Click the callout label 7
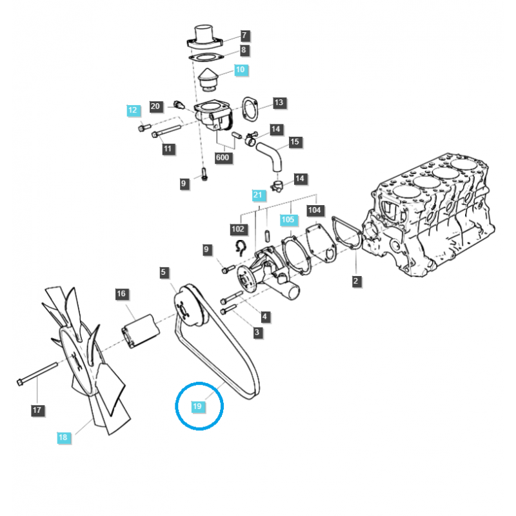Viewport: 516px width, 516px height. click(244, 35)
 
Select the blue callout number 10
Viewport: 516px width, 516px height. click(240, 69)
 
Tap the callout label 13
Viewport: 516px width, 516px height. click(278, 103)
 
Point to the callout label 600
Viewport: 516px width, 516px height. click(223, 158)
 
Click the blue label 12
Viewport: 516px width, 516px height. click(133, 110)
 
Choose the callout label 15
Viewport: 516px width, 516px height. click(295, 142)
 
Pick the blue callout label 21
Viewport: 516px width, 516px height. click(258, 195)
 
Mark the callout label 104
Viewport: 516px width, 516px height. click(315, 210)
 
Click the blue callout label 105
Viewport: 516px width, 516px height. click(288, 220)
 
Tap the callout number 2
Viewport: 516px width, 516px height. click(356, 281)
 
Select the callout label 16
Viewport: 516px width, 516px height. click(121, 294)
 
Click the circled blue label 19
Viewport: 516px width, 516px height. click(197, 406)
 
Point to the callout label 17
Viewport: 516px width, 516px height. click(37, 410)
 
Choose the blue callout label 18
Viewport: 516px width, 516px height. click(63, 437)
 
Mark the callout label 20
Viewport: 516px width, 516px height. click(155, 106)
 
